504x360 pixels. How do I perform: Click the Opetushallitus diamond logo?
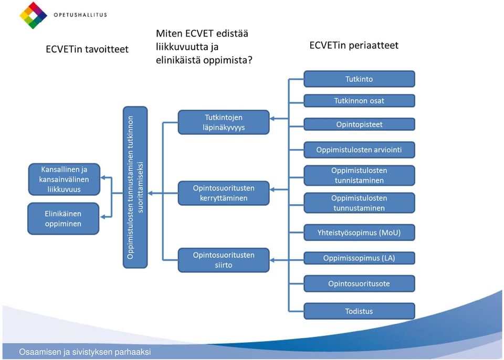point(34,15)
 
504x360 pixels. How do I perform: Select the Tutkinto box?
point(359,79)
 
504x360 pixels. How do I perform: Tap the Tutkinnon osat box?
point(359,101)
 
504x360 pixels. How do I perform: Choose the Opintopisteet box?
point(359,124)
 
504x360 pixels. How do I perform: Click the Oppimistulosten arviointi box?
point(359,150)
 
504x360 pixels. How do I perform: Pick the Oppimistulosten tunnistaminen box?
point(359,175)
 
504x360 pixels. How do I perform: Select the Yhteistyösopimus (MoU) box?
point(359,232)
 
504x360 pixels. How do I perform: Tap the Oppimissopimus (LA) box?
point(359,258)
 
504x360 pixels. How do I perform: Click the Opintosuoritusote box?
point(359,283)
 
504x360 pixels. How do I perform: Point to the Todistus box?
point(359,311)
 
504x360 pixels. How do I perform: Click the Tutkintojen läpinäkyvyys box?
point(224,122)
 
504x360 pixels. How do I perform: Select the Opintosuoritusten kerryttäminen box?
point(224,193)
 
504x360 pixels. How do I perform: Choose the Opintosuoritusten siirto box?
point(224,260)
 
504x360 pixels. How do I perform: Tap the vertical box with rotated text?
point(135,187)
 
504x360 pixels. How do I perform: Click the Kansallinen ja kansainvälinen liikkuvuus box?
point(64,179)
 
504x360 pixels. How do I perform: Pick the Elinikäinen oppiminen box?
point(64,218)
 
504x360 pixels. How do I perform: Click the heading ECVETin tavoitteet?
point(87,49)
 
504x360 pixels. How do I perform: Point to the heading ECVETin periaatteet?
point(354,45)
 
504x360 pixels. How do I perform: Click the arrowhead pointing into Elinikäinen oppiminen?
point(102,217)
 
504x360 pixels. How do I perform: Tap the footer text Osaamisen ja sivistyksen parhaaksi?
point(85,352)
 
